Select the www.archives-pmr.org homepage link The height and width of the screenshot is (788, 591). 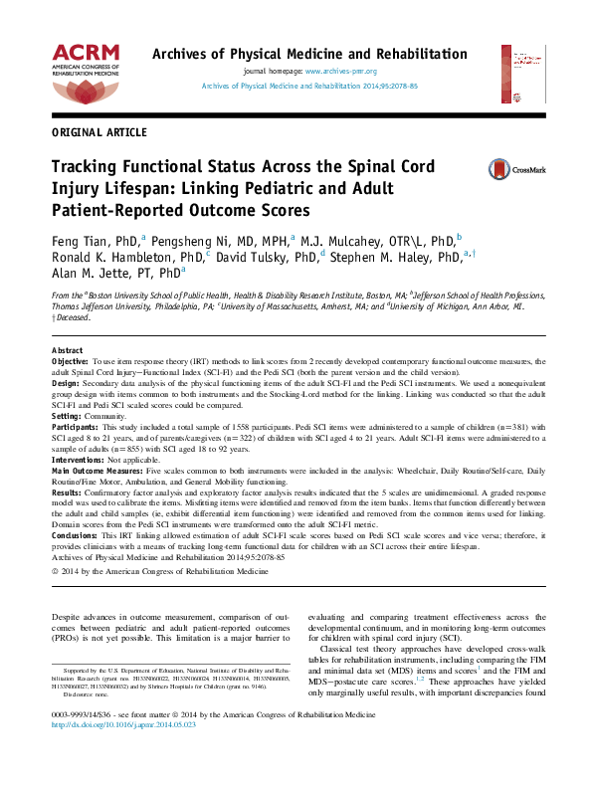[x=341, y=73]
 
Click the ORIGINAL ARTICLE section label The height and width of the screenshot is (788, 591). [x=98, y=132]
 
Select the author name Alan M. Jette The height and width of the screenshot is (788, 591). [x=90, y=272]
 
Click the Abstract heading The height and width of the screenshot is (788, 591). [x=67, y=352]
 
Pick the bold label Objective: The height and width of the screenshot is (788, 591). [x=71, y=362]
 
